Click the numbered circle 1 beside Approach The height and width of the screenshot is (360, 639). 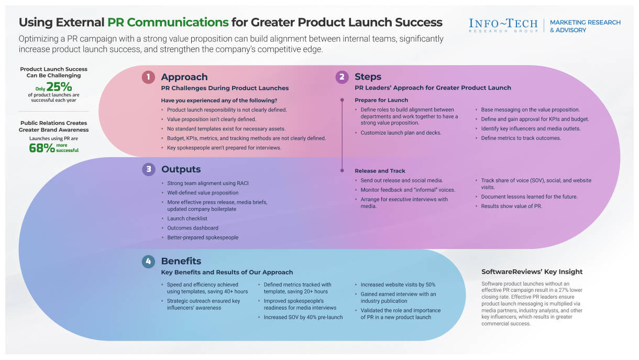pos(149,77)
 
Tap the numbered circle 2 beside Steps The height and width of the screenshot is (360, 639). pos(342,77)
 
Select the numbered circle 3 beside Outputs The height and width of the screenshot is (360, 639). pos(149,169)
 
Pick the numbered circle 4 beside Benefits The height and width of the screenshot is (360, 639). pos(149,261)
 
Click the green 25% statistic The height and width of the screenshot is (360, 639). pos(59,87)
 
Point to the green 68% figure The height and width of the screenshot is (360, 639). pos(42,148)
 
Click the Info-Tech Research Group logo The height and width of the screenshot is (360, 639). pos(503,26)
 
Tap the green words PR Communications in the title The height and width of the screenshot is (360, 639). pos(168,23)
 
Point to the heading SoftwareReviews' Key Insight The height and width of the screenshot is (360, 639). pos(532,271)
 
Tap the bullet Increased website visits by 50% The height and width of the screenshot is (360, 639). pos(398,285)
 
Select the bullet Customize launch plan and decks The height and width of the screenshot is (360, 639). pos(401,133)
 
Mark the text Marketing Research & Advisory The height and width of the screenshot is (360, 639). pos(585,26)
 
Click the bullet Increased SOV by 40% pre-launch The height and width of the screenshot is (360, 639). pos(303,317)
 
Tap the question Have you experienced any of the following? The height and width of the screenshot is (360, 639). pos(219,100)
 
